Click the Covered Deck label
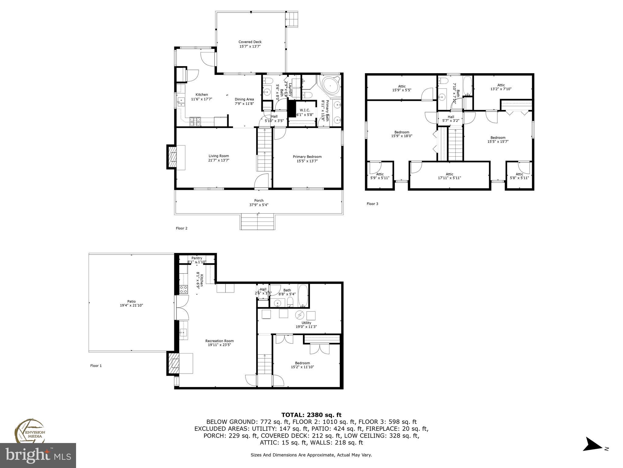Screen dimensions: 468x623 pyautogui.click(x=250, y=42)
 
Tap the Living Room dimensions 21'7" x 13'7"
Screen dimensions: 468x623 pyautogui.click(x=218, y=160)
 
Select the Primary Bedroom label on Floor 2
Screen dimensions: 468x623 pyautogui.click(x=307, y=157)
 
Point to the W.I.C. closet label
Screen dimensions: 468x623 pyautogui.click(x=305, y=110)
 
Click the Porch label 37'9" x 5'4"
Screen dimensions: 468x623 pyautogui.click(x=259, y=203)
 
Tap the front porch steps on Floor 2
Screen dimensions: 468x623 pyautogui.click(x=258, y=222)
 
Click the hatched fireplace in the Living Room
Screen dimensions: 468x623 pyautogui.click(x=172, y=157)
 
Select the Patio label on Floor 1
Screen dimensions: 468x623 pyautogui.click(x=131, y=301)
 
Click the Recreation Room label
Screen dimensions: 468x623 pyautogui.click(x=219, y=341)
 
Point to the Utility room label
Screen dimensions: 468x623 pyautogui.click(x=306, y=323)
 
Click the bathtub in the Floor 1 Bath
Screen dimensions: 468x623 pyautogui.click(x=303, y=296)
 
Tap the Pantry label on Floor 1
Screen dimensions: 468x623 pyautogui.click(x=197, y=258)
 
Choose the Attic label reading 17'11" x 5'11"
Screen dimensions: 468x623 pyautogui.click(x=449, y=176)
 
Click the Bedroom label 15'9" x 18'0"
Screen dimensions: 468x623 pyautogui.click(x=402, y=134)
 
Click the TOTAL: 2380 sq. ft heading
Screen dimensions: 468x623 pyautogui.click(x=311, y=415)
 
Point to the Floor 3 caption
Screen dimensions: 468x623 pyautogui.click(x=372, y=204)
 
